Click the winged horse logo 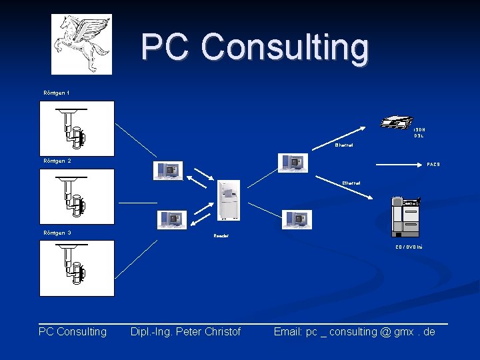coord(82,43)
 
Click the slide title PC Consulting coord(255,47)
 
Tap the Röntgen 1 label coord(57,92)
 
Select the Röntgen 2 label coord(57,161)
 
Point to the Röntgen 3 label coord(57,233)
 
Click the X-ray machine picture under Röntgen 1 coord(77,128)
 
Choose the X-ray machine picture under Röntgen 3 coord(77,268)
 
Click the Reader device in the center coord(229,200)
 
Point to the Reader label coord(221,236)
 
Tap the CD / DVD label coord(409,247)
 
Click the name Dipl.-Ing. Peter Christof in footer coord(185,331)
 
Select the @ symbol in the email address coord(385,331)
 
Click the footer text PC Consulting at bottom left coord(73,331)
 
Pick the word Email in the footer coord(288,331)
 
